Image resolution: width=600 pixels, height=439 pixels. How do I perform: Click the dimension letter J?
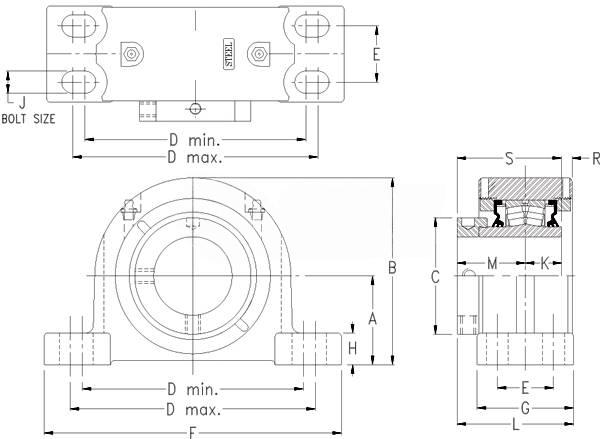(22, 99)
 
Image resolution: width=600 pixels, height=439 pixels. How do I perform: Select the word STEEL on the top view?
(229, 54)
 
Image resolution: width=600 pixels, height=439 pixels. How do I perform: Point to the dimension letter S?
(510, 158)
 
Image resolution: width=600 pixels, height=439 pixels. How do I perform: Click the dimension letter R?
(595, 158)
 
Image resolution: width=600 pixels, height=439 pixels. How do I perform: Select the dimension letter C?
(435, 278)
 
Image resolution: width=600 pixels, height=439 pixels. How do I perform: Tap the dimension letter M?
(492, 263)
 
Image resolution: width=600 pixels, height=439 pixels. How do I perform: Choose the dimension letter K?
(544, 263)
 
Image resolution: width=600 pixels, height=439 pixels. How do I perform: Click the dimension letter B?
(393, 268)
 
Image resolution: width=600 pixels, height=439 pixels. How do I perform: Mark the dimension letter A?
(372, 318)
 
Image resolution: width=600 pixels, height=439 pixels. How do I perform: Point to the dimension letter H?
(352, 347)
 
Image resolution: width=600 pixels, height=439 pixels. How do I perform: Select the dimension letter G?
(524, 408)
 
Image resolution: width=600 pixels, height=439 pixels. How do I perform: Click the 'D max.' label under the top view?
(194, 158)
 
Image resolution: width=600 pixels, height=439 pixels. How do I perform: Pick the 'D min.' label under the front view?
(194, 388)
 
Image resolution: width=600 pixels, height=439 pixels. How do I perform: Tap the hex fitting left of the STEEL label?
(130, 54)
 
